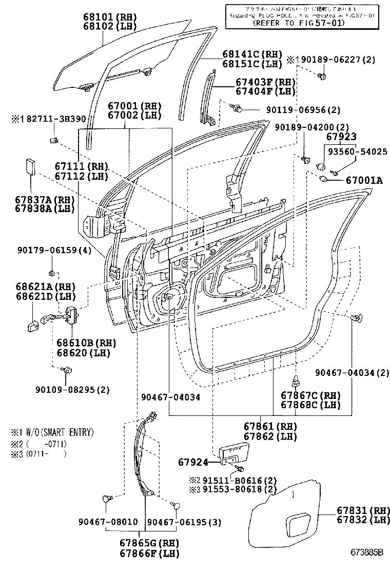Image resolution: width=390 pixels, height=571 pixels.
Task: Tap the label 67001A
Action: coord(364,181)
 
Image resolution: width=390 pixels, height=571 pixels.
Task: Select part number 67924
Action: coord(193,462)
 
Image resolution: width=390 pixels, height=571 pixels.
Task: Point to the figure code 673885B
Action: coord(367,553)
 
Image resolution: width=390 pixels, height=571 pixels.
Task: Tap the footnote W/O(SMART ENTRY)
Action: coord(57,433)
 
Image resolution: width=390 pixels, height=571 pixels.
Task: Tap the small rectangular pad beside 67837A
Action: coord(30,167)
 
